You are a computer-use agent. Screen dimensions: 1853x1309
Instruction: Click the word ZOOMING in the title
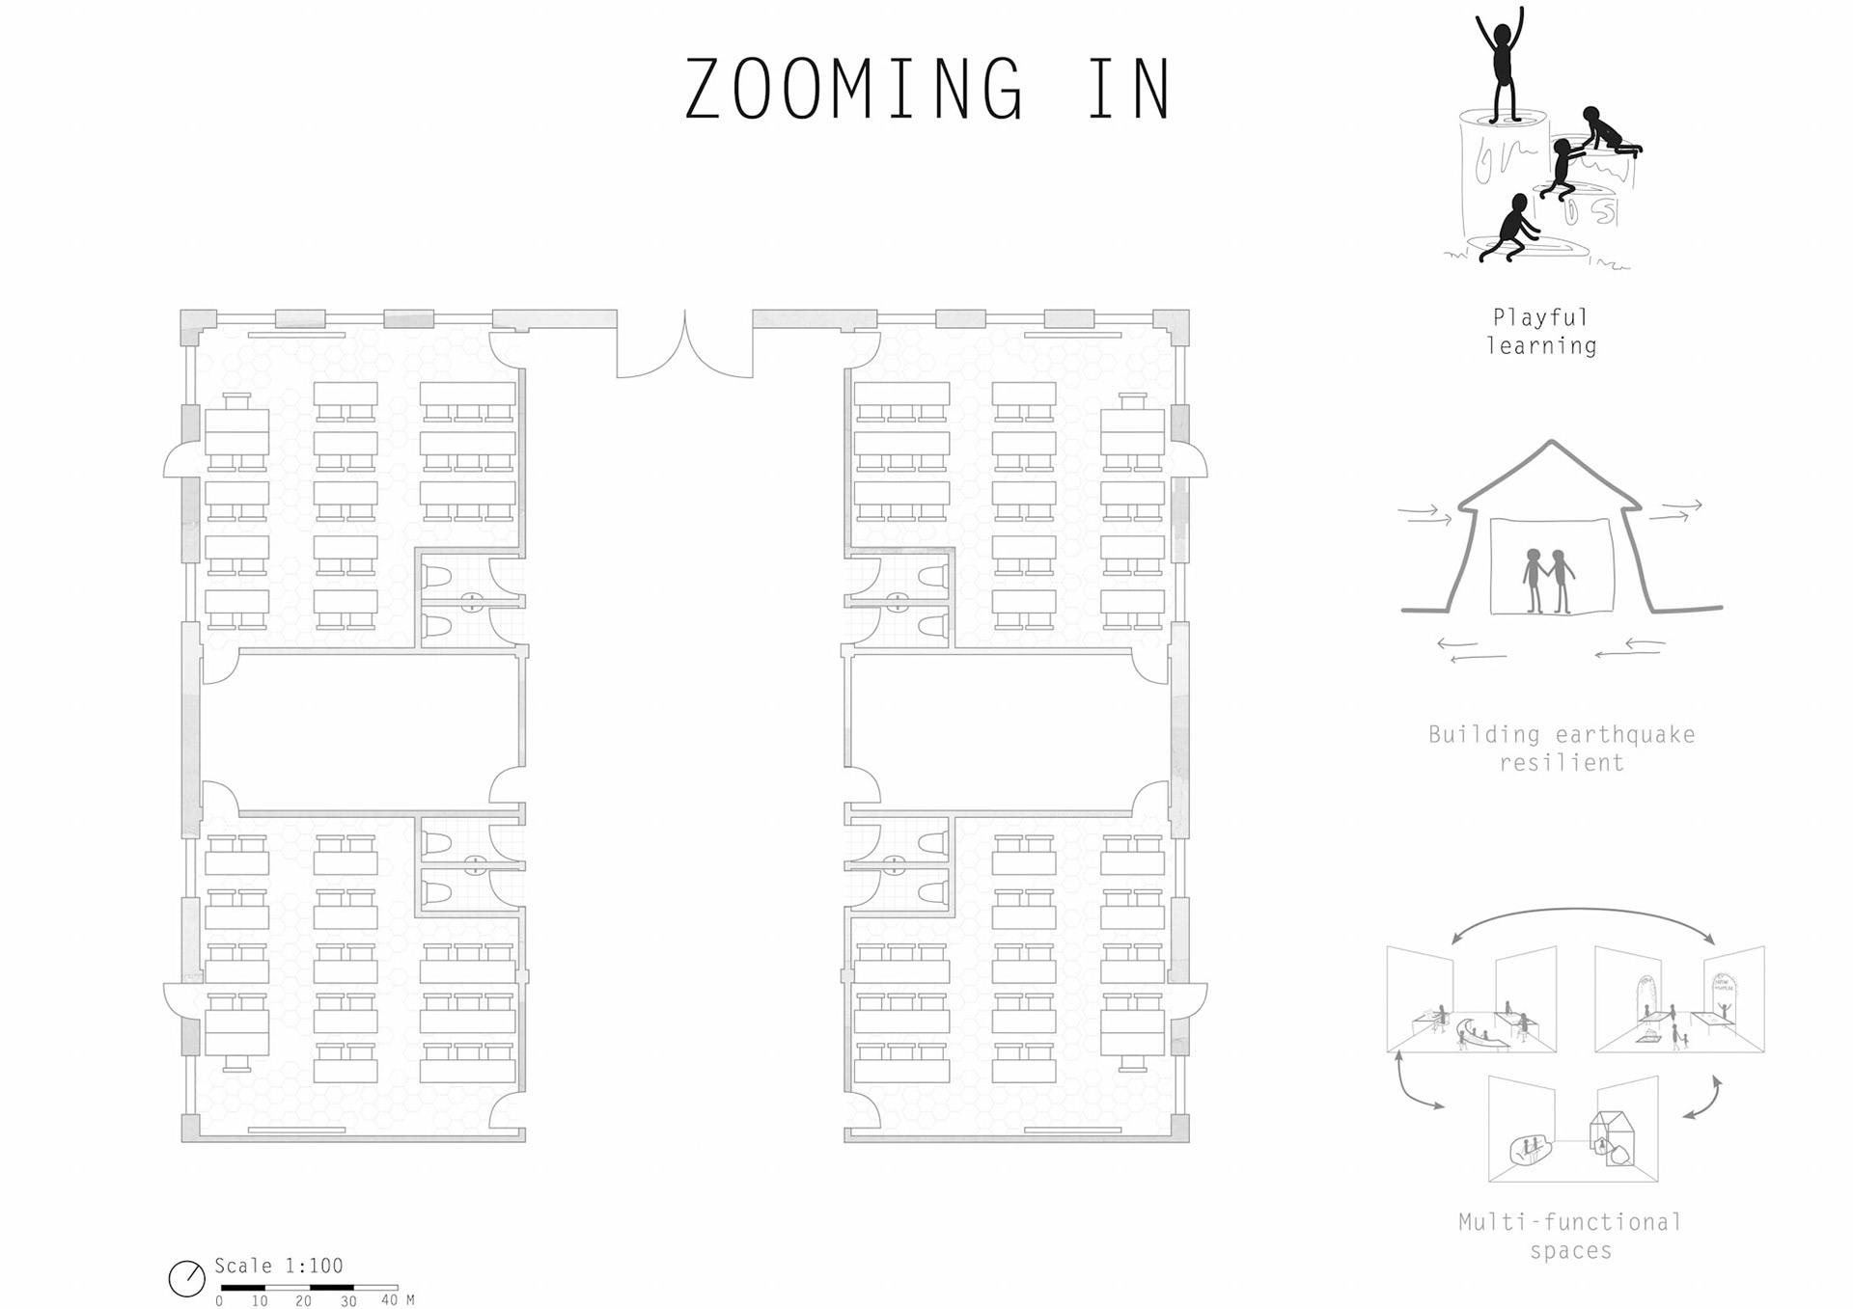pos(853,89)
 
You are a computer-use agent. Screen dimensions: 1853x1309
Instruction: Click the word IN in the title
pos(1129,89)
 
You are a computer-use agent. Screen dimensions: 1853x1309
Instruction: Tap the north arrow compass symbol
pos(187,1278)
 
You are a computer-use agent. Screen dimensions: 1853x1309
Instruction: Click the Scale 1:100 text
pos(278,1266)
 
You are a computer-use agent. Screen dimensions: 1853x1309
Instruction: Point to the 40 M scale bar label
pos(398,1300)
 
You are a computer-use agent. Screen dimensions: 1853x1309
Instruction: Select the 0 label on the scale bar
pos(219,1301)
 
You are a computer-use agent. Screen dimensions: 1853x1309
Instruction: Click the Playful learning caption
pos(1541,331)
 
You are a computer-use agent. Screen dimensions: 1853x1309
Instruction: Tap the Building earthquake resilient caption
pos(1562,748)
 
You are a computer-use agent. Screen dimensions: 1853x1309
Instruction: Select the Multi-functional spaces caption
pos(1570,1236)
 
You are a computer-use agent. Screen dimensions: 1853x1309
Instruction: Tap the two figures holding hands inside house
pos(1548,582)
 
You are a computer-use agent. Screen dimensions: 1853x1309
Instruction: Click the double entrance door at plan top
pos(684,344)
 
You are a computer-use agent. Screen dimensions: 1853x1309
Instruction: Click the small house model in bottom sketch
pos(1612,1138)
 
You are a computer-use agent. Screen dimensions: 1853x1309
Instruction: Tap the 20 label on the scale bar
pos(303,1301)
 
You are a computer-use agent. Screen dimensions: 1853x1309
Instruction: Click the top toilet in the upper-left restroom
pos(437,577)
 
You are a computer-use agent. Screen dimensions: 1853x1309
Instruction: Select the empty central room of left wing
pos(363,732)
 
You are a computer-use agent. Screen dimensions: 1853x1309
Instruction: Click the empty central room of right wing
pos(1009,732)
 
